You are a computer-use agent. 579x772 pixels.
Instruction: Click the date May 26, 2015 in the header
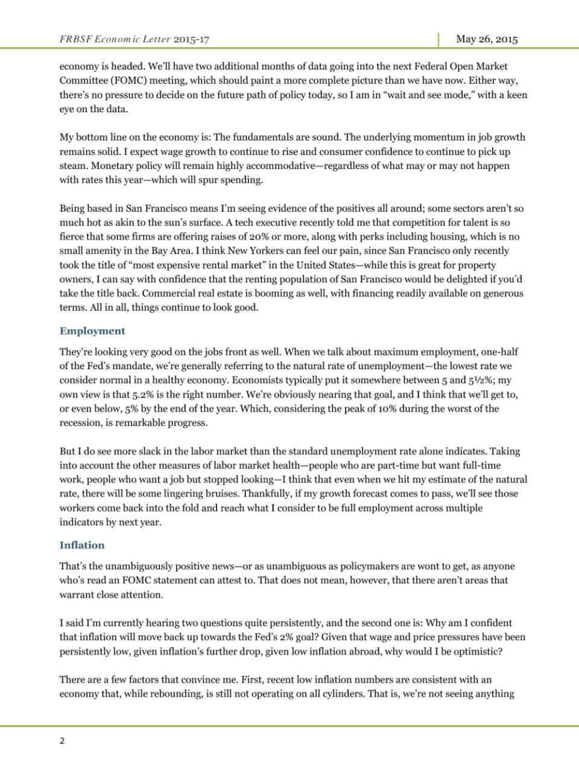click(487, 39)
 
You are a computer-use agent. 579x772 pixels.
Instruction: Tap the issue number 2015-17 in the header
click(191, 39)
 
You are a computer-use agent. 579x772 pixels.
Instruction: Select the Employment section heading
click(92, 331)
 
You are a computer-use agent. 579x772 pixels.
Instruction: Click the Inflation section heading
click(82, 545)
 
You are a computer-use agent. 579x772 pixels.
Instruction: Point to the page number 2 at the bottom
click(62, 741)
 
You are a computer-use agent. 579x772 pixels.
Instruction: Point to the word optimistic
click(478, 651)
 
